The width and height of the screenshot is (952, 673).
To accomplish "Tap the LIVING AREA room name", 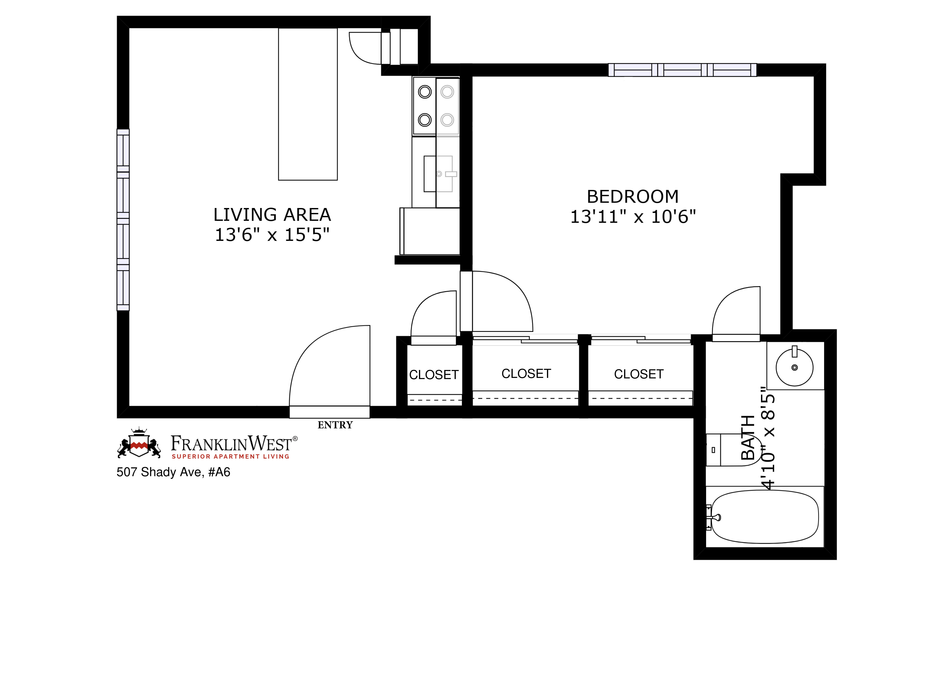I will [272, 215].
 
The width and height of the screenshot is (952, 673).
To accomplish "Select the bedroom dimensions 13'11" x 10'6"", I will [633, 217].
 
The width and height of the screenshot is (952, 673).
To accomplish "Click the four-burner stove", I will [436, 106].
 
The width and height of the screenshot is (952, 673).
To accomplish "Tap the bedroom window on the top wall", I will [682, 70].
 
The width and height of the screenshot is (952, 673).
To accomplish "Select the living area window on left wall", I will [123, 220].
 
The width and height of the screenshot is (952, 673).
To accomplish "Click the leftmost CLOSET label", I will [434, 375].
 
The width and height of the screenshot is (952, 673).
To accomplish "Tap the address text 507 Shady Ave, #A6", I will [173, 472].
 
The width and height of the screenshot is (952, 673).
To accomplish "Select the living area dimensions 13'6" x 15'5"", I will [272, 235].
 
